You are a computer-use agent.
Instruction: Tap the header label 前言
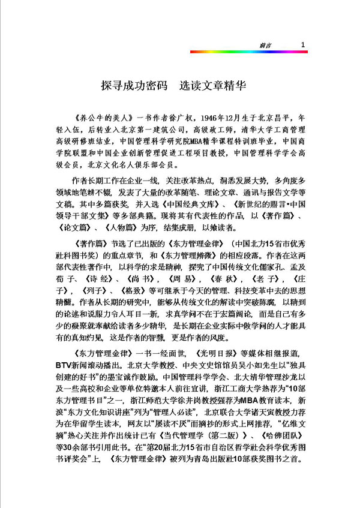pyautogui.click(x=276, y=46)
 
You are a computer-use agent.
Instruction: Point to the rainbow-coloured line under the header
pyautogui.click(x=248, y=52)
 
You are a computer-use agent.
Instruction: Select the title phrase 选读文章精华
pyautogui.click(x=211, y=86)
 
